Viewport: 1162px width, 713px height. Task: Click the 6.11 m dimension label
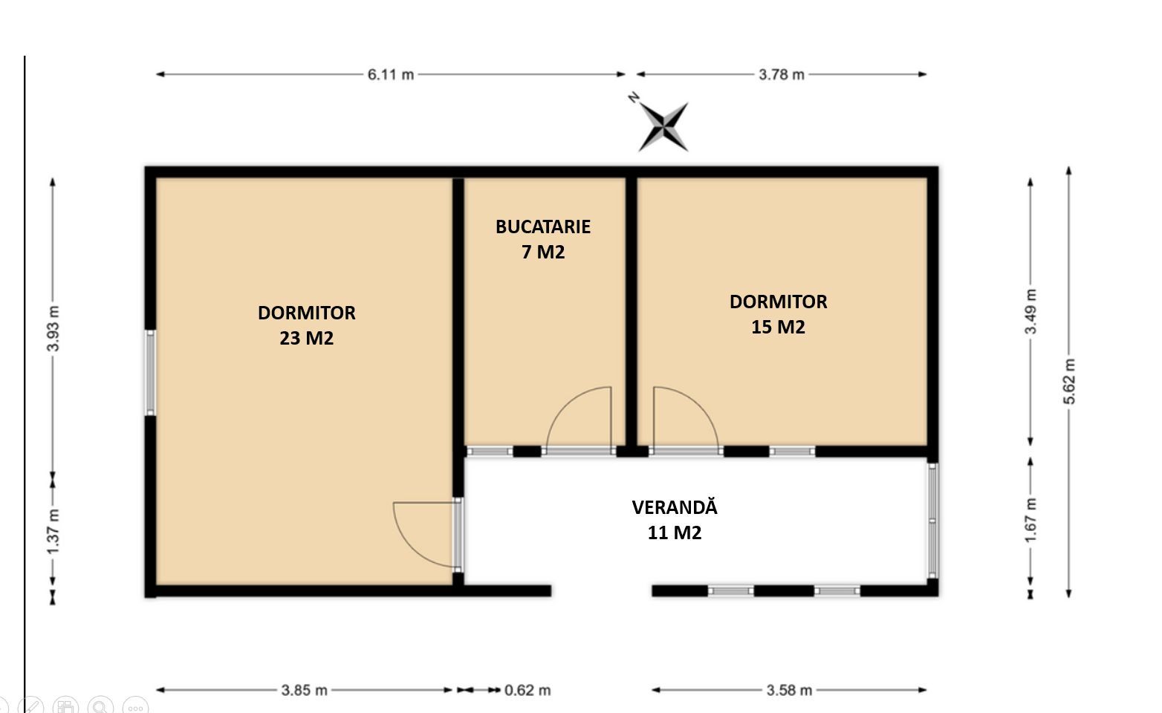[x=391, y=75]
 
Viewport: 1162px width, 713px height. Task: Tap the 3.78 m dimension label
[x=782, y=75]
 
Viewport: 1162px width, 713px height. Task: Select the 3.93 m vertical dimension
[x=53, y=329]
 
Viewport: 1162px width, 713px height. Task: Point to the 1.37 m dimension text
[x=53, y=532]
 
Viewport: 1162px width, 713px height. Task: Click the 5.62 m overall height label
[x=1069, y=381]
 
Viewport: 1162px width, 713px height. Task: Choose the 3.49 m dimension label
[x=1030, y=312]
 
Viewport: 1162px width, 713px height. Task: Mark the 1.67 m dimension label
[x=1030, y=521]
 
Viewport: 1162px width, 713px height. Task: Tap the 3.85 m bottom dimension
[x=304, y=690]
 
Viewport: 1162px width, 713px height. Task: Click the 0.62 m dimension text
[x=527, y=690]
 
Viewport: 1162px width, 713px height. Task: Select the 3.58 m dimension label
[x=789, y=690]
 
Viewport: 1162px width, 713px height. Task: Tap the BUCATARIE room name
[x=543, y=227]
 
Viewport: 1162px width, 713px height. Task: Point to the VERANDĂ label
[x=675, y=507]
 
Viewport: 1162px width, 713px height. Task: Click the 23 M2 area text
[x=307, y=338]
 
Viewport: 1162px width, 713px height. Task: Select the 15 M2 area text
[x=778, y=328]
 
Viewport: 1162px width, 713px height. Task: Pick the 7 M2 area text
[x=543, y=252]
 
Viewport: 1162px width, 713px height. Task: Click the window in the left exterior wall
[x=150, y=373]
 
